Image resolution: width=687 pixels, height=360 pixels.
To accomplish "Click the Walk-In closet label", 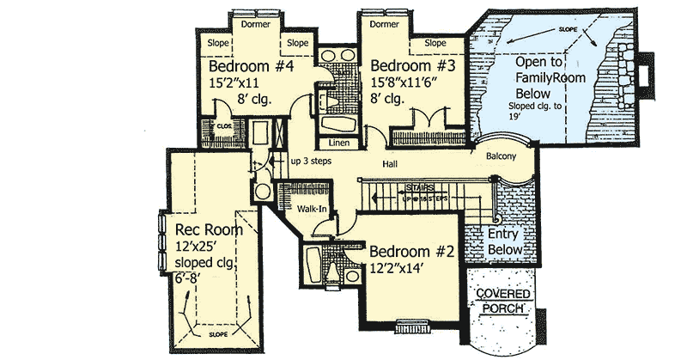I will [313, 208].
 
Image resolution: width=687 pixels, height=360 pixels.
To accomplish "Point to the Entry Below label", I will [505, 241].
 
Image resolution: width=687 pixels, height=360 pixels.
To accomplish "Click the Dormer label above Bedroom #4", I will [256, 25].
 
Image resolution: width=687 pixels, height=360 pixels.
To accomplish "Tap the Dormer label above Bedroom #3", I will [383, 25].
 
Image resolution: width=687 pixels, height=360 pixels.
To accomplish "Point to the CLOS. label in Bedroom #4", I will [224, 125].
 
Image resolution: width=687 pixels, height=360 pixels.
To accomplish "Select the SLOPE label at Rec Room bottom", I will [218, 332].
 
